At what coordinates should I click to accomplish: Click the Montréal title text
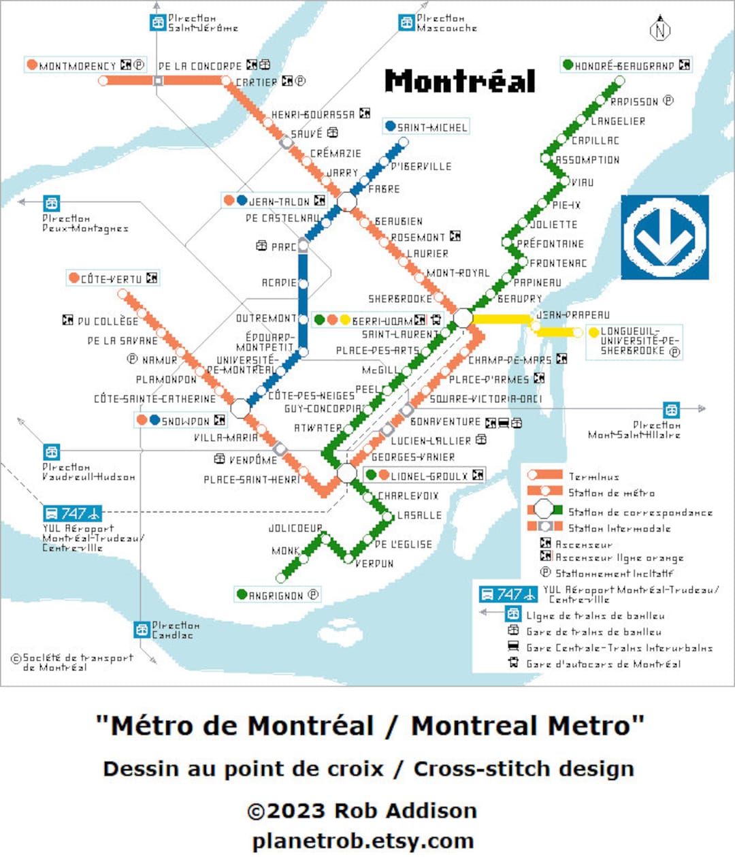460,81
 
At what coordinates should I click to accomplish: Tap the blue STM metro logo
664,237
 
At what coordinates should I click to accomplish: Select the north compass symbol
659,29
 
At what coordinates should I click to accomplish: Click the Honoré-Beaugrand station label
624,65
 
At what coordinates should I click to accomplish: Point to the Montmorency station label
78,66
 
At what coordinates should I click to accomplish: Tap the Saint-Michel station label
431,127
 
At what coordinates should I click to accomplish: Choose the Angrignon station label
276,596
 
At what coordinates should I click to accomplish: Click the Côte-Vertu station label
111,278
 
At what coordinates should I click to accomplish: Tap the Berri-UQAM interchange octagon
463,318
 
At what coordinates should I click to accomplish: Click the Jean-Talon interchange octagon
346,201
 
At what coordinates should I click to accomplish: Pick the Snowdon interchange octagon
240,408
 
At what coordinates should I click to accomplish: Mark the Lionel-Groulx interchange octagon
346,472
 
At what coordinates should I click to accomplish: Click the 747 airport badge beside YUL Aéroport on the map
72,513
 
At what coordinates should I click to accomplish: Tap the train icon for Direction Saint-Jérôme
158,22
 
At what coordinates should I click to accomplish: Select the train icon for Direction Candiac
142,630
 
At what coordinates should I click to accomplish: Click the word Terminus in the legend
593,476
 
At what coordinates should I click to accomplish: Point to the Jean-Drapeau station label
573,315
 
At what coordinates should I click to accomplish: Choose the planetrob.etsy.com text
363,841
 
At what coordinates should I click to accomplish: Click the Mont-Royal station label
457,273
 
